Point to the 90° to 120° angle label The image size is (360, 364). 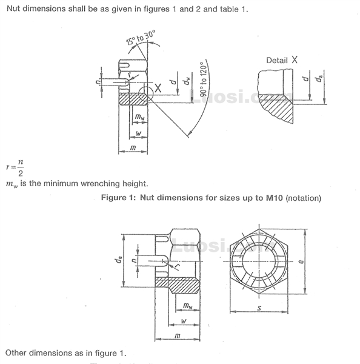(x=204, y=80)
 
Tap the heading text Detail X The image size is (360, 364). (x=282, y=60)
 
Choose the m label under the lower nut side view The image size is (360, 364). (x=176, y=335)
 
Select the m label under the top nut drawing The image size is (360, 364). (x=132, y=148)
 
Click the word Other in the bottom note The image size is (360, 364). (x=18, y=352)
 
